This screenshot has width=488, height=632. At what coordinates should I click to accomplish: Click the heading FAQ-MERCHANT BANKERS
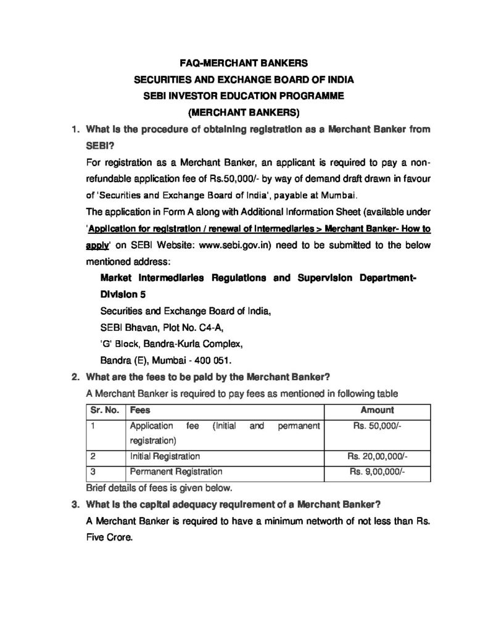click(x=243, y=63)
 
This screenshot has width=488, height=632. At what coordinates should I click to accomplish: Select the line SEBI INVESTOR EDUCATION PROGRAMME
click(x=243, y=96)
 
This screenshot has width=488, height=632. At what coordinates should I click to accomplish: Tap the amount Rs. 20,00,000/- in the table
click(x=378, y=456)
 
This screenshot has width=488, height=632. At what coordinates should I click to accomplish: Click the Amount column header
click(x=378, y=410)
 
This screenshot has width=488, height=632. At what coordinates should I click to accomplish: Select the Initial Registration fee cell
click(x=165, y=456)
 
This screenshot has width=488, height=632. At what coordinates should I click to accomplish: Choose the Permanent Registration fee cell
click(x=176, y=472)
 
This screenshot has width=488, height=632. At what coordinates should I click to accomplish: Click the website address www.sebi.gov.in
click(x=233, y=245)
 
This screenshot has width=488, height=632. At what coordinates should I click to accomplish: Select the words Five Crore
click(x=110, y=538)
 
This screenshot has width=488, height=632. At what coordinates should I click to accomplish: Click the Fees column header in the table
click(x=140, y=410)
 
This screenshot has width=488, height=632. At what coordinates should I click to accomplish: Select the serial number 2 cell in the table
click(x=92, y=456)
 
